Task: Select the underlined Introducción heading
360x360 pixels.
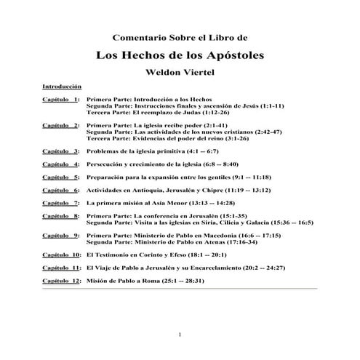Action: (x=62, y=86)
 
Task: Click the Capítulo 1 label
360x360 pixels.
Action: (x=62, y=97)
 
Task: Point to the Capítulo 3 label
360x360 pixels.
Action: (x=62, y=151)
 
